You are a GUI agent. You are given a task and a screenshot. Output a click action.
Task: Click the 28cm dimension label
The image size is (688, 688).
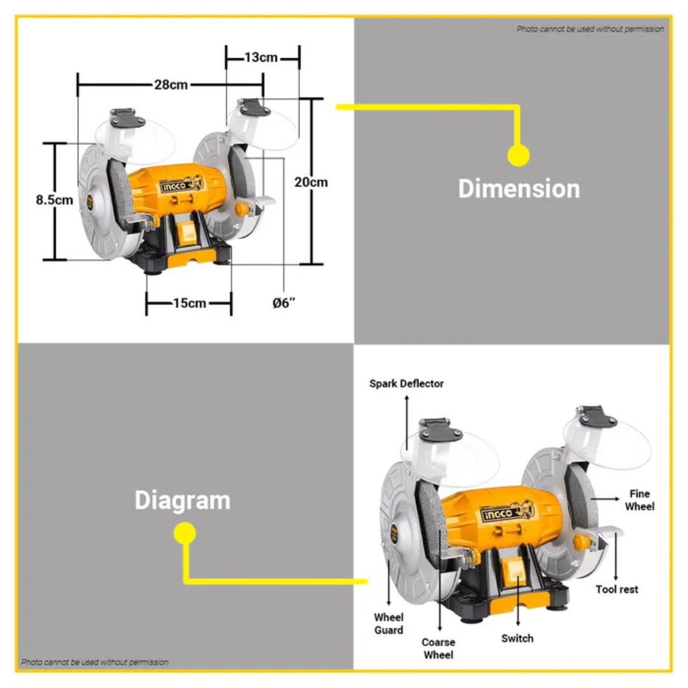pyautogui.click(x=171, y=84)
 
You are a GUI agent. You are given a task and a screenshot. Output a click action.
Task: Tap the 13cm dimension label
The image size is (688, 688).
pyautogui.click(x=261, y=57)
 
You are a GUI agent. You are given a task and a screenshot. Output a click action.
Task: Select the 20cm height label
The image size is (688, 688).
pyautogui.click(x=311, y=182)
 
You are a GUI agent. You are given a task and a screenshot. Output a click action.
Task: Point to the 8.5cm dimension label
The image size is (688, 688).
pyautogui.click(x=54, y=199)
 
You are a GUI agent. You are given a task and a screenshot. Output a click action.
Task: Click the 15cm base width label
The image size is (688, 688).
pyautogui.click(x=190, y=303)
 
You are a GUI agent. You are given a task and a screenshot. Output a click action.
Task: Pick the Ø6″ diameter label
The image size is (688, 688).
pyautogui.click(x=284, y=303)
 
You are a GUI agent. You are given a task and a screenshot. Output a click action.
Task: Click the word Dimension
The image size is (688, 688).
pyautogui.click(x=519, y=189)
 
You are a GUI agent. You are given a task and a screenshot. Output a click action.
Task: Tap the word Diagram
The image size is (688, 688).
pyautogui.click(x=183, y=500)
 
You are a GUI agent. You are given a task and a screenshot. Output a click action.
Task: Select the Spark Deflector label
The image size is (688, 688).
pyautogui.click(x=406, y=383)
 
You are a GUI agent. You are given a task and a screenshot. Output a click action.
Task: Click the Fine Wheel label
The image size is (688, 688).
pyautogui.click(x=640, y=500)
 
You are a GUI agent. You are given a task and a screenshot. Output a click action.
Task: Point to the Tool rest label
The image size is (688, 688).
pyautogui.click(x=617, y=589)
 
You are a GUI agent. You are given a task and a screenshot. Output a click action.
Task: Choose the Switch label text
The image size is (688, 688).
pyautogui.click(x=517, y=638)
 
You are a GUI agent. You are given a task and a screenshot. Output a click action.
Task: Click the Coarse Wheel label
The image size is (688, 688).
pyautogui.click(x=438, y=649)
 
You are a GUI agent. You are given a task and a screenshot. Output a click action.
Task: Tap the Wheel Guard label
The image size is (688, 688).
pyautogui.click(x=389, y=624)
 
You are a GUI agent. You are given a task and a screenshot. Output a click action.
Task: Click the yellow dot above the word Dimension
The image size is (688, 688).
pyautogui.click(x=518, y=155)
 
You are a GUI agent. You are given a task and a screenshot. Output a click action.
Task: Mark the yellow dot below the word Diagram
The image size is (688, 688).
pyautogui.click(x=185, y=533)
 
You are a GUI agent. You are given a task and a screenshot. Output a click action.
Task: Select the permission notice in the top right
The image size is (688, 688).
pyautogui.click(x=590, y=29)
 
